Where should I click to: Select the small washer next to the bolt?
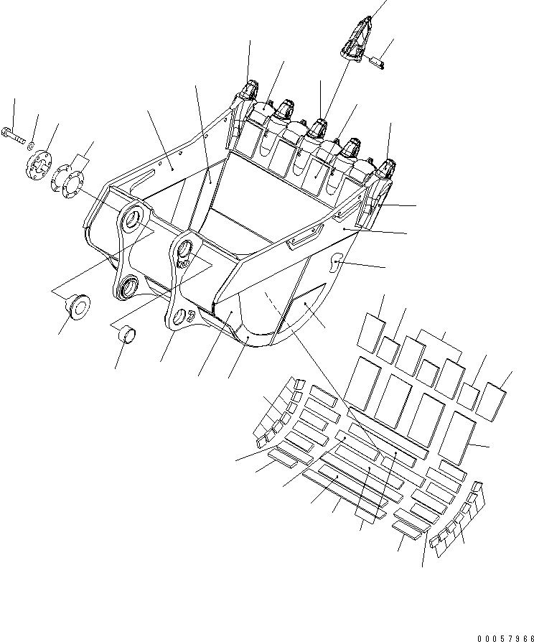coord(32,145)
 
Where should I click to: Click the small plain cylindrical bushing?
coord(128,335)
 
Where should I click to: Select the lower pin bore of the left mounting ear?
coord(129,287)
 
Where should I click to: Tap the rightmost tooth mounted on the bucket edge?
coord(387,170)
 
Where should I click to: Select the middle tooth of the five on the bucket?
coord(316,130)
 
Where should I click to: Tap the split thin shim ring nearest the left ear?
coord(67,177)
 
